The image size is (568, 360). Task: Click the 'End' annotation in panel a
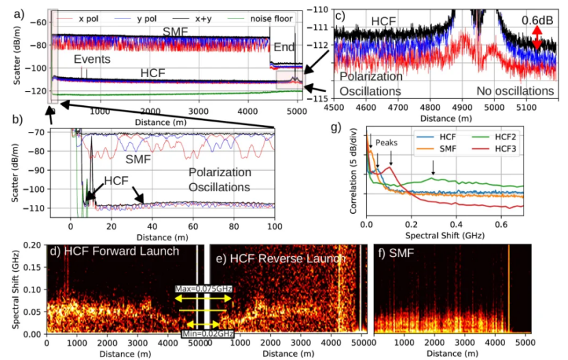tap(284, 48)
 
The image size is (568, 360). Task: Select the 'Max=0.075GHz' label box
tap(204, 289)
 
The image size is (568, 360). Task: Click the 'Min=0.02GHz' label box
tap(207, 333)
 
